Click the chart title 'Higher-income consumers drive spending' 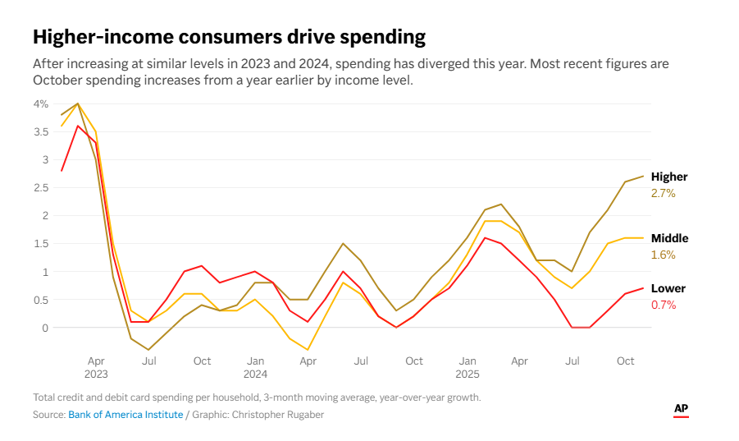(229, 37)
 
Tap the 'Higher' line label (669, 177)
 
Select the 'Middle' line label (669, 238)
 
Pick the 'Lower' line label (668, 288)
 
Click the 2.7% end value (663, 193)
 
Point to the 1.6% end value (663, 255)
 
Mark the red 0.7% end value (663, 305)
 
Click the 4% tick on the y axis (41, 103)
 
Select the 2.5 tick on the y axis (41, 187)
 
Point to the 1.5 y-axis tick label (41, 243)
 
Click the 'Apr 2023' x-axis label (96, 367)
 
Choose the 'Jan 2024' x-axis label (255, 367)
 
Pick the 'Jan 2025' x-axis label (467, 367)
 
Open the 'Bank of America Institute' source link (125, 415)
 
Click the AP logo (681, 409)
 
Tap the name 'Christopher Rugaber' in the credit (280, 415)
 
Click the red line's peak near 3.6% (78, 126)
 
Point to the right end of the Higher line (643, 176)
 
